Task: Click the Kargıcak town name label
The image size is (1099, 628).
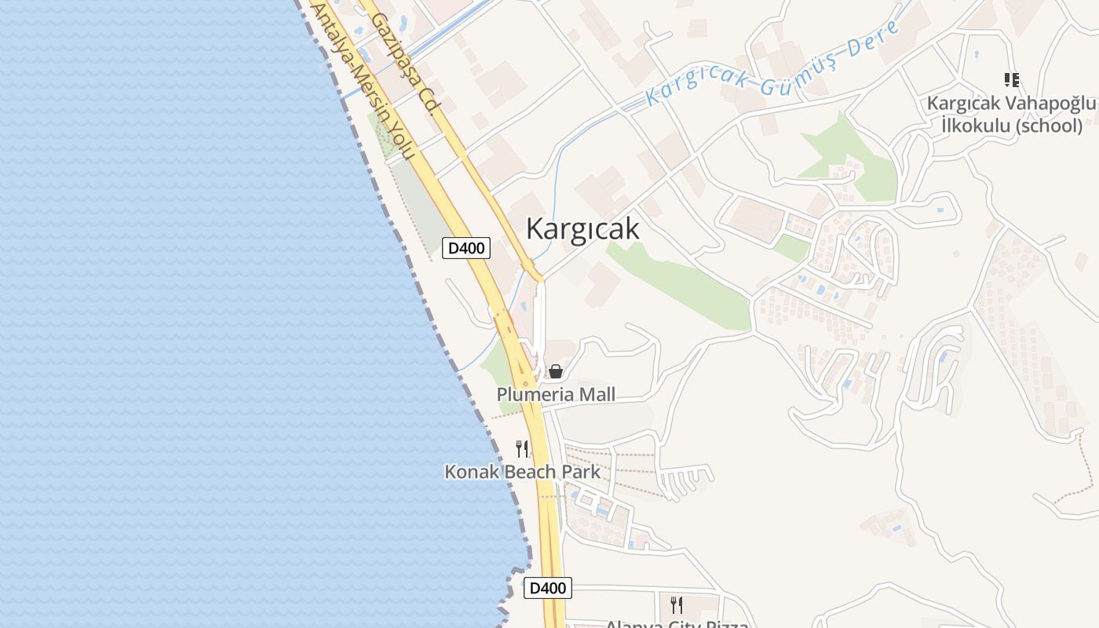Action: click(582, 228)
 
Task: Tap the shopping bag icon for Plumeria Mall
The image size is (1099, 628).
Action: click(556, 371)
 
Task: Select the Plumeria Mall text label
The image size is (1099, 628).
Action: click(556, 394)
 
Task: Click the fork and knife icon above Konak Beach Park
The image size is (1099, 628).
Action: click(522, 449)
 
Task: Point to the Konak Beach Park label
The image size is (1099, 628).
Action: click(522, 472)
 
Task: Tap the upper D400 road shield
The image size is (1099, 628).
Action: click(466, 248)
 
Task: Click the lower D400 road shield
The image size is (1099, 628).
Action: click(547, 587)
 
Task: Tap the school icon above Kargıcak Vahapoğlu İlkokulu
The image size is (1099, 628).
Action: click(1011, 79)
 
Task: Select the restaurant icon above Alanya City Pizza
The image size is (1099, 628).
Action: click(677, 604)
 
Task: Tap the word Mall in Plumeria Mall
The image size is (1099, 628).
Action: click(597, 394)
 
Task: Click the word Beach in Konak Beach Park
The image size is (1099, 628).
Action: click(528, 472)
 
